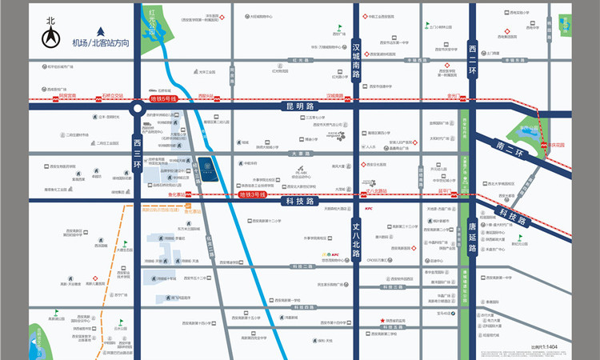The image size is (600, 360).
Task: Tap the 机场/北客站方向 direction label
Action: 102,42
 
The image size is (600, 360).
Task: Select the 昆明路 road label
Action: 296,105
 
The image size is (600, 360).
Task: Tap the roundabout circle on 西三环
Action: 138,107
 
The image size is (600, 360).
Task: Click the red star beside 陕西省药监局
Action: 382,322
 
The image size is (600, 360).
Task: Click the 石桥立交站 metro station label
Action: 112,94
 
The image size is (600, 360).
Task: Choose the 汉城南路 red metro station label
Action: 334,94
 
